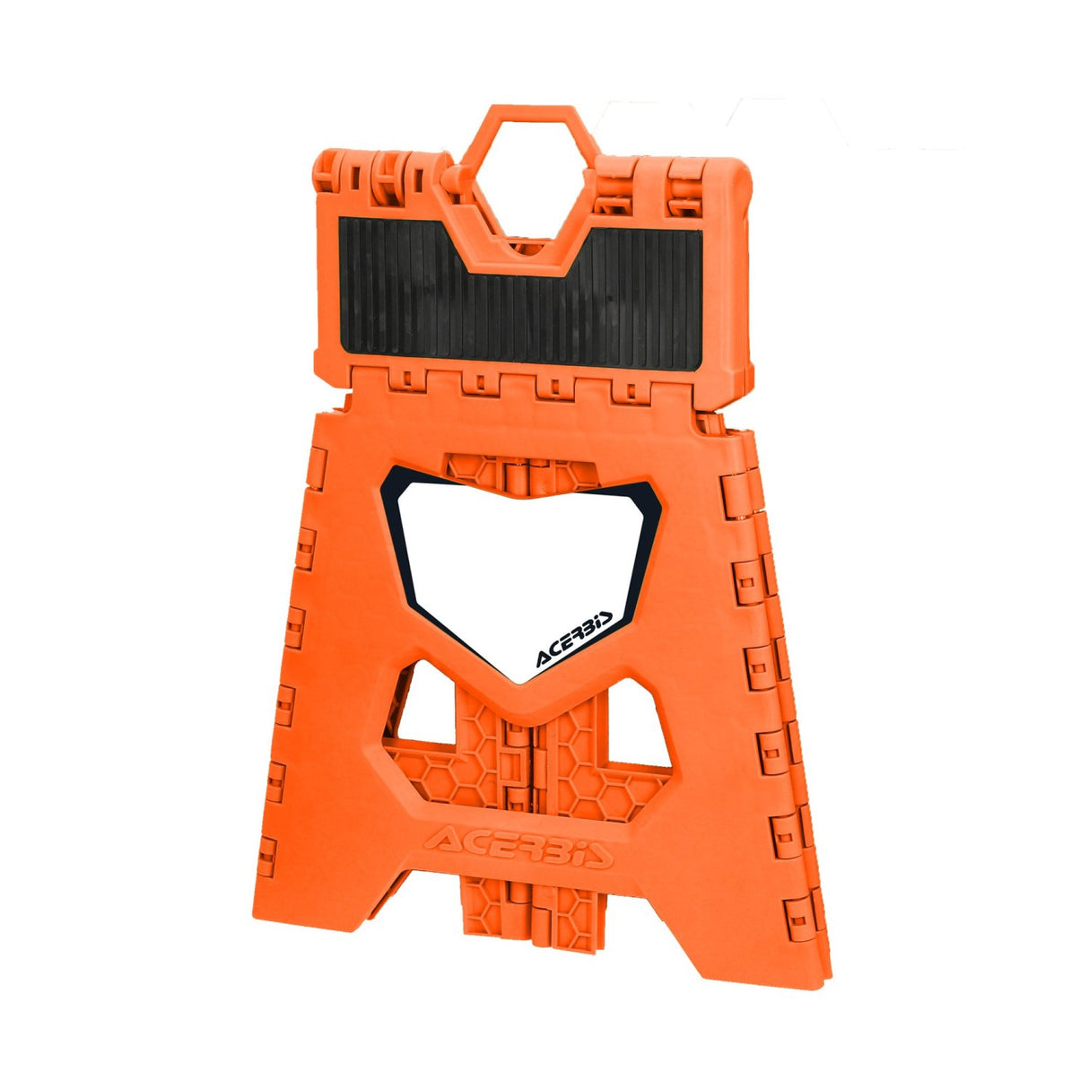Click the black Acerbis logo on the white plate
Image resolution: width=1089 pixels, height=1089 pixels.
click(574, 642)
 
